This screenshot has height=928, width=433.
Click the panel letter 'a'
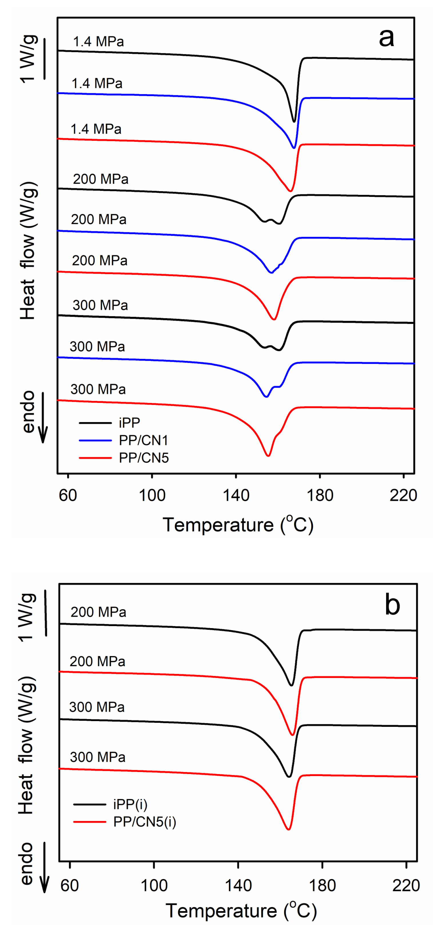[x=386, y=38]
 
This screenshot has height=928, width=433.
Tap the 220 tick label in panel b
[x=406, y=885]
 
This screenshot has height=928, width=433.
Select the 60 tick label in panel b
[x=69, y=885]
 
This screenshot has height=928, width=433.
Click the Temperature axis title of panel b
[x=241, y=910]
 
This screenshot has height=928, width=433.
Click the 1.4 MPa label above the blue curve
[x=97, y=84]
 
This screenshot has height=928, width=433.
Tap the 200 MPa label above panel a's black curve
[x=100, y=179]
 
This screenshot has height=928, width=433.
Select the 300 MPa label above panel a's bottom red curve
[x=98, y=389]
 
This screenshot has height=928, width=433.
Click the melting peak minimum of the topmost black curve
[x=294, y=122]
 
